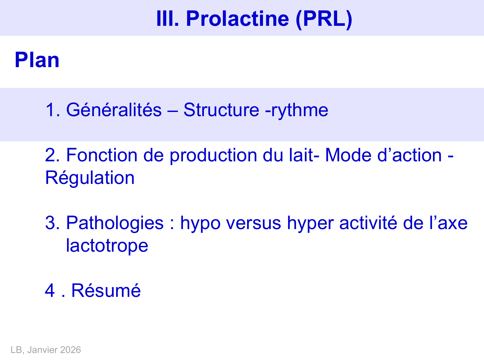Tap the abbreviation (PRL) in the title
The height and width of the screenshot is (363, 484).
coord(324,18)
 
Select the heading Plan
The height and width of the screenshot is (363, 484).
coord(37,60)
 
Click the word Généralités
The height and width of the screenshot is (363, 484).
coord(114,110)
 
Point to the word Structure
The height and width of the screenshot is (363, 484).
coord(221,110)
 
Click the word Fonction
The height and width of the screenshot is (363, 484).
coord(102,155)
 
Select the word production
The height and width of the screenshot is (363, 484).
coord(213,155)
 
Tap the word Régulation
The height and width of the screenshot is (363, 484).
coord(90,178)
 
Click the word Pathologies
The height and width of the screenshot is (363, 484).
coord(115,223)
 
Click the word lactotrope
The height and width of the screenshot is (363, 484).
coord(107,246)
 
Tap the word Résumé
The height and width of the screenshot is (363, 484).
coord(106,290)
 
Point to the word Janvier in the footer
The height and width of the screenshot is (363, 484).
coord(47,350)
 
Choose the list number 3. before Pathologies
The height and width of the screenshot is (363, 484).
coord(52,223)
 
